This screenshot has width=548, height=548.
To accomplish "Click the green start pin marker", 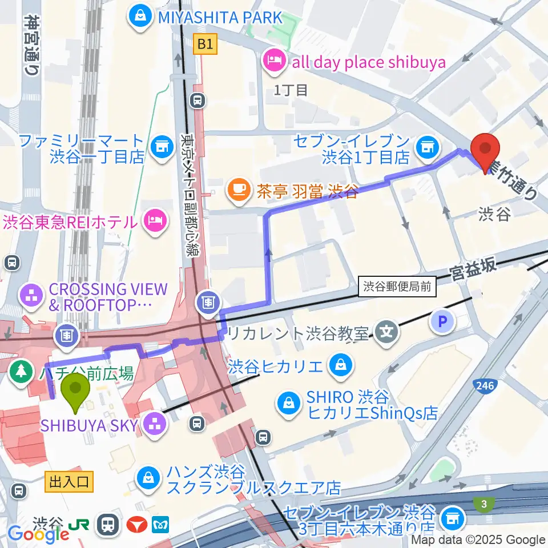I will [75, 390].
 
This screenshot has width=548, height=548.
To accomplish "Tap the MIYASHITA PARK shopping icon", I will [139, 17].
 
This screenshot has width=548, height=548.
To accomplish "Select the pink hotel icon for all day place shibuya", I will [274, 62].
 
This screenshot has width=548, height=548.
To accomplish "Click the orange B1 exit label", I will [205, 44].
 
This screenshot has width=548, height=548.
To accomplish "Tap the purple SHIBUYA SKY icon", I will [155, 423].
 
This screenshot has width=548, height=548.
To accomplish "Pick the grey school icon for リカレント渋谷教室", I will [386, 331].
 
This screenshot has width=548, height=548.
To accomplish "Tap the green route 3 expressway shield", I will [484, 502].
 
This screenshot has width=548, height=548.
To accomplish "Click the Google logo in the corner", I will [38, 534].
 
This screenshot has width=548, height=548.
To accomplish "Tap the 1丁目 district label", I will [291, 90].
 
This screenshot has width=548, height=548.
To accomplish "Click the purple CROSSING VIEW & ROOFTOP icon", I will [29, 296].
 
